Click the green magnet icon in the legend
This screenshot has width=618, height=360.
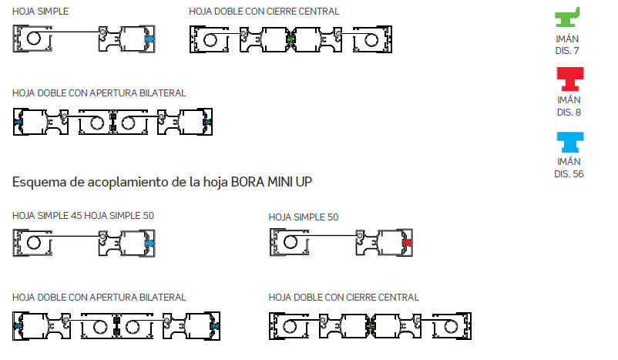[x=567, y=18]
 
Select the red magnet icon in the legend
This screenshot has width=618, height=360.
[x=570, y=79]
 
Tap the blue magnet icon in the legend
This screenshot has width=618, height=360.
[x=570, y=142]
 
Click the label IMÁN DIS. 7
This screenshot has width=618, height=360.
[x=567, y=45]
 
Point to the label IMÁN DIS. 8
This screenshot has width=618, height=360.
[x=569, y=106]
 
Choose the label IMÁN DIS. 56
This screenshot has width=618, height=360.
[x=569, y=167]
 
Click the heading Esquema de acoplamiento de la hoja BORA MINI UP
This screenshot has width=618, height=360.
[x=162, y=182]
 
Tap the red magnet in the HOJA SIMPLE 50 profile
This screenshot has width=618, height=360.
[x=407, y=243]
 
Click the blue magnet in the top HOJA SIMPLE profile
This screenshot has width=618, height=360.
[x=149, y=39]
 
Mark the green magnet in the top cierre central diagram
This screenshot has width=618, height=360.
[x=291, y=39]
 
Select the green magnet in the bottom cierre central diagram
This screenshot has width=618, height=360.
[x=370, y=326]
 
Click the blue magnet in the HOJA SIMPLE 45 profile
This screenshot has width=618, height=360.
[x=149, y=244]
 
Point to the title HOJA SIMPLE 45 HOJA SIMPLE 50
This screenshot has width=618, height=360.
[x=83, y=216]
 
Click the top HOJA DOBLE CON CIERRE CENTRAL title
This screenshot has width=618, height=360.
[x=264, y=12]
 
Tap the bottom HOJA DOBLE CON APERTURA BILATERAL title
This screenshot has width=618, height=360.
[x=99, y=298]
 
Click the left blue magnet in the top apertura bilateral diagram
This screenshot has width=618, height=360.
[x=18, y=123]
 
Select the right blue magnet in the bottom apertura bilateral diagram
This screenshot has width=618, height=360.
[x=215, y=326]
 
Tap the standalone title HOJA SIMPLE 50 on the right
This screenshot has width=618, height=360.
[x=304, y=217]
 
